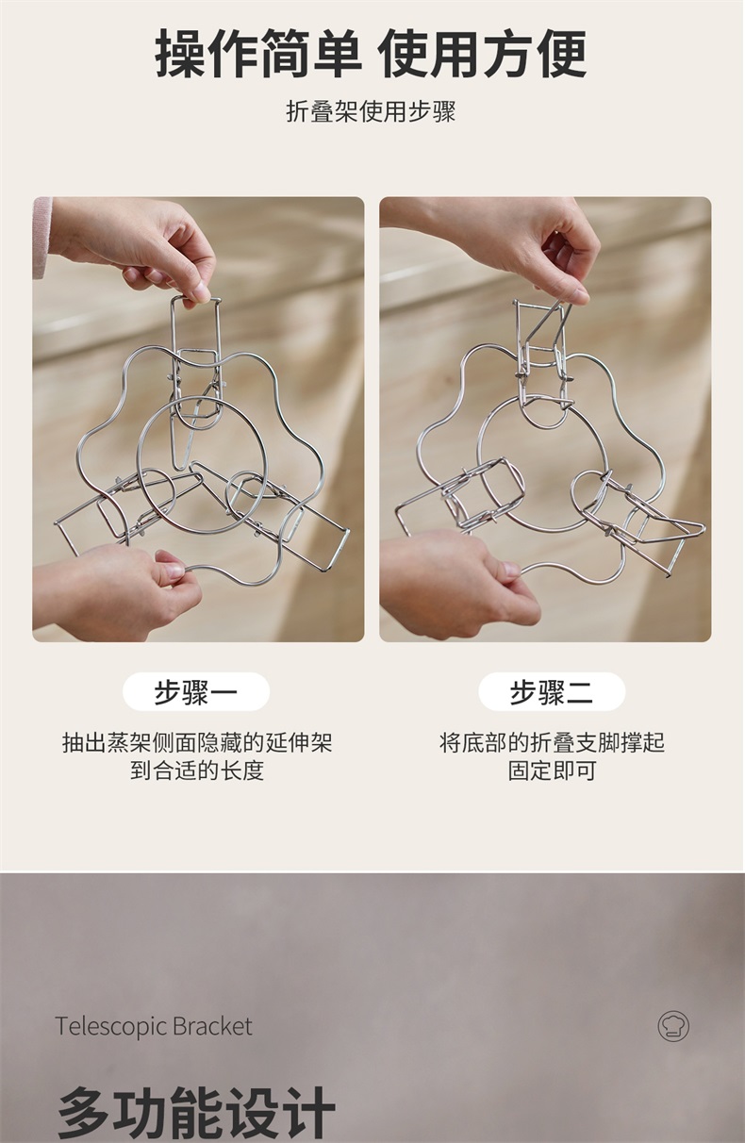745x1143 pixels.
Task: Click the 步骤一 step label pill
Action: coord(196,692)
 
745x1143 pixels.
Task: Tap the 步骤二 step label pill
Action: coord(552,692)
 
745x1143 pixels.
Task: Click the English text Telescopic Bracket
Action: coord(154,1027)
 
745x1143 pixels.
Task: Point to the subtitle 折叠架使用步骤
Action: coord(371,111)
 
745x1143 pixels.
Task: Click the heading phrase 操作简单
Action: coord(258,54)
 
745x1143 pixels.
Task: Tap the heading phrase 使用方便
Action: coord(484,54)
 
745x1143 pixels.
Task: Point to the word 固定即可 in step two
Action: coord(552,770)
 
